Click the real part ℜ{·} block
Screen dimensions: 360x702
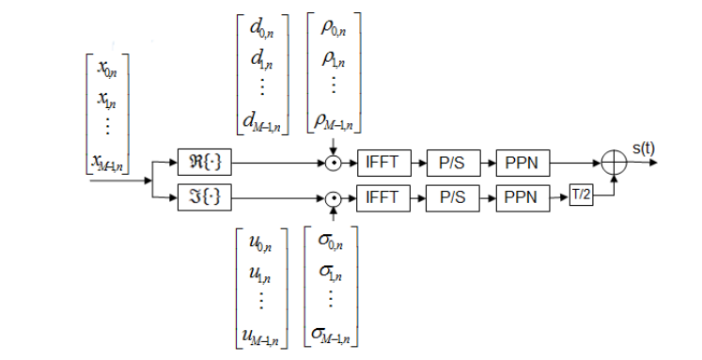coord(206,162)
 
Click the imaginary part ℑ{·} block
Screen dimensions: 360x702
coord(206,197)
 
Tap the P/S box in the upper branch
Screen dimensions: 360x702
coord(452,162)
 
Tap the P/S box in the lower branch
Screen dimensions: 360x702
coord(452,197)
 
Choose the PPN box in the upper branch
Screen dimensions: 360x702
coord(523,162)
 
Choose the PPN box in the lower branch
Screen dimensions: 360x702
coord(523,197)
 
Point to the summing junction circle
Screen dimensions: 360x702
coord(614,162)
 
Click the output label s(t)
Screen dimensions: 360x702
coord(646,148)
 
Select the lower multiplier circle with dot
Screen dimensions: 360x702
coord(332,197)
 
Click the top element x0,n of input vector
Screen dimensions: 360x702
coord(107,69)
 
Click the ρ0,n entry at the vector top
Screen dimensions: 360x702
coord(335,28)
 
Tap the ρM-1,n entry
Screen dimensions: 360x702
coord(333,118)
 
